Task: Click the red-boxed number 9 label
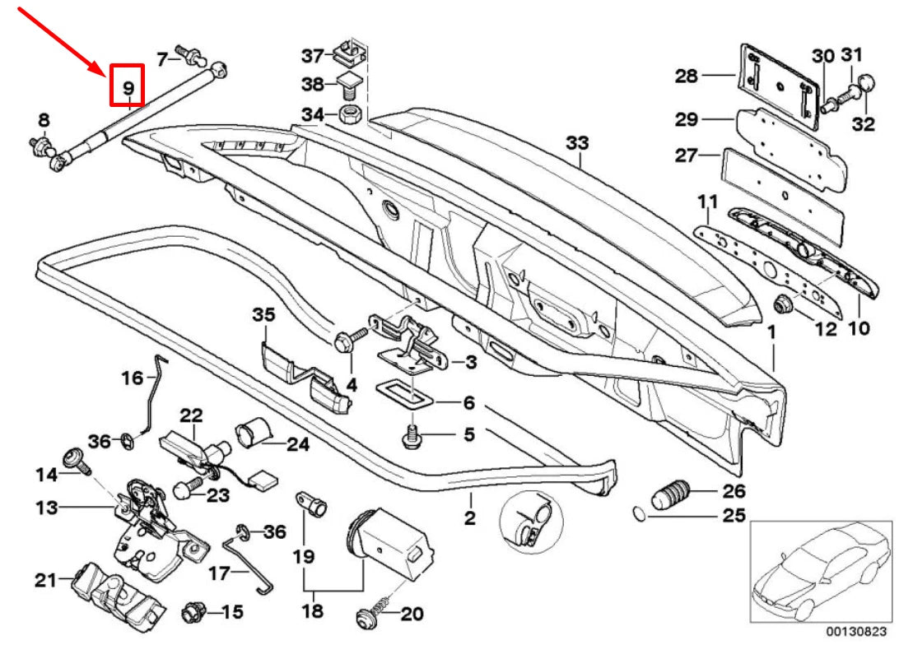point(128,86)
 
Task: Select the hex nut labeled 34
point(349,113)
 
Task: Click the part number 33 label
point(578,143)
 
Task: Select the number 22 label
point(191,415)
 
